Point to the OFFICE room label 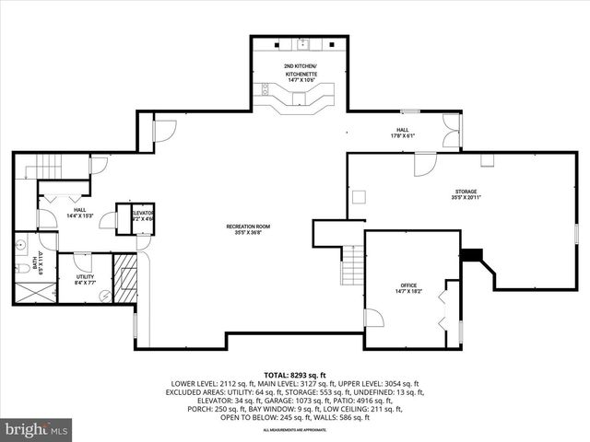[x=408, y=287]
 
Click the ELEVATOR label [x=143, y=215]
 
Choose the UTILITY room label [x=85, y=280]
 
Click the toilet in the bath [x=21, y=268]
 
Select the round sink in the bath [x=20, y=245]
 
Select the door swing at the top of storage [x=425, y=165]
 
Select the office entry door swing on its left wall [x=373, y=318]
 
